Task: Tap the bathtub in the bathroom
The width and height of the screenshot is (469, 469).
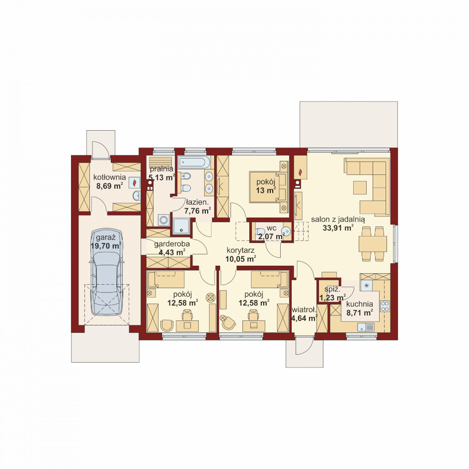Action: (x=194, y=162)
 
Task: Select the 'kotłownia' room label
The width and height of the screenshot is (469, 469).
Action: (x=109, y=177)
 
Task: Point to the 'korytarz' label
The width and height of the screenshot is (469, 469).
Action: (x=240, y=250)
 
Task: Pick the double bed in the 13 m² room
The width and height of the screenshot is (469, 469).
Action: (x=268, y=187)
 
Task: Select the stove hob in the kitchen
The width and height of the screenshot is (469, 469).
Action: (x=385, y=306)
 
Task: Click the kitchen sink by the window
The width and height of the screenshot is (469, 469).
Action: (x=366, y=327)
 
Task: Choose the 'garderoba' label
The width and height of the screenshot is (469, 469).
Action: (x=172, y=244)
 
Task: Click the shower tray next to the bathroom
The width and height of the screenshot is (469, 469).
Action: (x=181, y=226)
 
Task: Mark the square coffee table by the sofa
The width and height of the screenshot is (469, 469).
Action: (x=360, y=187)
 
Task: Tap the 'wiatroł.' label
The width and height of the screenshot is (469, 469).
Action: (x=304, y=310)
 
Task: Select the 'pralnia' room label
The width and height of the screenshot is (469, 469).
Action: (x=161, y=169)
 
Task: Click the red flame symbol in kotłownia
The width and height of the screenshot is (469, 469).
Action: (x=135, y=182)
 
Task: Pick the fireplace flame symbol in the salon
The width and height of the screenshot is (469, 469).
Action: (x=300, y=172)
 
